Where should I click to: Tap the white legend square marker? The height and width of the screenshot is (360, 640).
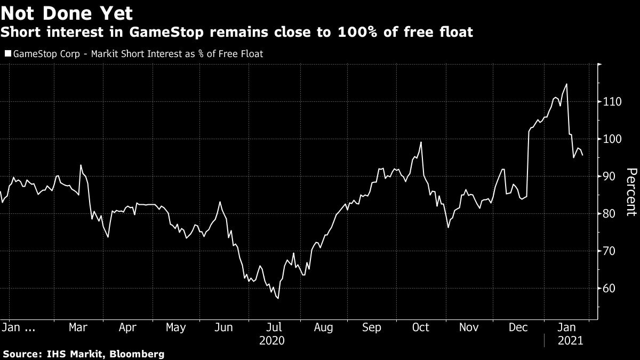tap(7, 53)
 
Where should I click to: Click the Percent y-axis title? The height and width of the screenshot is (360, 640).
tap(631, 192)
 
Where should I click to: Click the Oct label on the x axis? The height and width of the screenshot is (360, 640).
tap(421, 327)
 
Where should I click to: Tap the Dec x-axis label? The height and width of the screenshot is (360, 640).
tap(518, 327)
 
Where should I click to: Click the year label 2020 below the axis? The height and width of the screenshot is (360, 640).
tap(271, 340)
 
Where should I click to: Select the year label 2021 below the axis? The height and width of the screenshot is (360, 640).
tap(570, 340)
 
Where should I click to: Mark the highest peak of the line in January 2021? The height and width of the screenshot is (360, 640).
tap(566, 84)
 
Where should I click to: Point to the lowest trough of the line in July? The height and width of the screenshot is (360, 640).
tap(278, 298)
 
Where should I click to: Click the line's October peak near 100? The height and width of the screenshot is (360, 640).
tap(421, 142)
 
